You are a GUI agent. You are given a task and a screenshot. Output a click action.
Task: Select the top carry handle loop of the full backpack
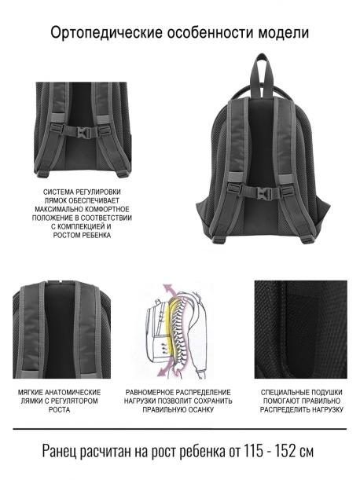coord(262,74)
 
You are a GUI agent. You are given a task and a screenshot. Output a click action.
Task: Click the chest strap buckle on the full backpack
coord(261,192)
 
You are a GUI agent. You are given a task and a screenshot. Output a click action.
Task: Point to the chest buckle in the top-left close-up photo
coord(83,132)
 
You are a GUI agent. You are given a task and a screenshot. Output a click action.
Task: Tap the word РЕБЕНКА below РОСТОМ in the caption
coord(97,236)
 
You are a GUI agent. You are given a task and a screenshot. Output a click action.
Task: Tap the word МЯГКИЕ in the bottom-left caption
coord(31,393)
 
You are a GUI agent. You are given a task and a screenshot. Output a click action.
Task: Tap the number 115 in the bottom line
coord(253,451)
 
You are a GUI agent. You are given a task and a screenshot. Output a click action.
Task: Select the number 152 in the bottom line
coord(285,451)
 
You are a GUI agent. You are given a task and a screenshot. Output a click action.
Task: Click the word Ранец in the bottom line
coord(60,451)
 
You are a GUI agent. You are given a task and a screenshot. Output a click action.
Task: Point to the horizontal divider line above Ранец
coord(180,429)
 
